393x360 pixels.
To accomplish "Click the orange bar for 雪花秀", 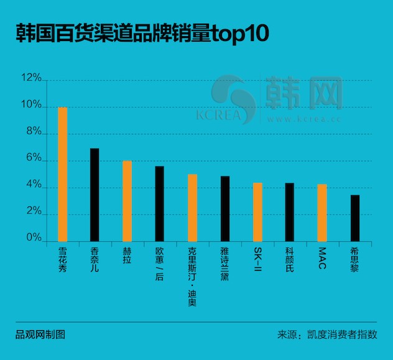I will [62, 174].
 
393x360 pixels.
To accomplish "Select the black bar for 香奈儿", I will [95, 195].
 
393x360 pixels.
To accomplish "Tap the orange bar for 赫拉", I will [127, 201].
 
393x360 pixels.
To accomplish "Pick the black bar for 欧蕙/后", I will [160, 203].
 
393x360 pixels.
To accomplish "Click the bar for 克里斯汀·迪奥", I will [192, 208].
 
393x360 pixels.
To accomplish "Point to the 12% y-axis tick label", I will [30, 79].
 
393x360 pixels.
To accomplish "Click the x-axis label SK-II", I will [257, 259].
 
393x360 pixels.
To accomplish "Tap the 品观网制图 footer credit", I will [40, 335].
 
